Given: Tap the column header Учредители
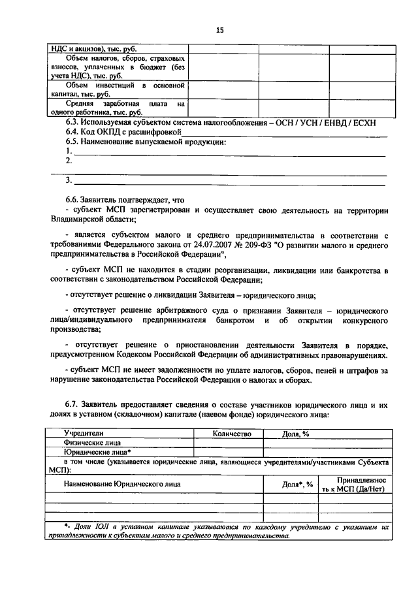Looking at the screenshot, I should coord(83,433).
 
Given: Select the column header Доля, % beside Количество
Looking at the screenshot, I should coord(295,433).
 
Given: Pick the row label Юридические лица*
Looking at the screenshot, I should coord(97,451).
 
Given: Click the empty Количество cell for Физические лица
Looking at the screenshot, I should coord(229,442).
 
